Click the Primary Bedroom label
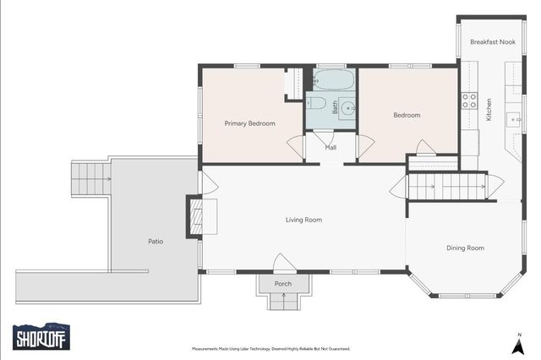tap(250, 123)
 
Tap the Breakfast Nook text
tap(493, 42)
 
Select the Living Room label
tap(303, 220)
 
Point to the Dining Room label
tap(465, 248)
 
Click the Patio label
tap(156, 242)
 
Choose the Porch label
tap(283, 284)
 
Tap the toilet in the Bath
tap(316, 103)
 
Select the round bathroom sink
tap(347, 109)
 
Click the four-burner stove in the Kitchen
tap(469, 101)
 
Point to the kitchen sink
tap(513, 120)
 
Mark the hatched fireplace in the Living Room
tap(197, 217)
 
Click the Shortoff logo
tap(41, 336)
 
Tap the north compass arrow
tap(518, 346)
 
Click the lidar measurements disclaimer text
tap(271, 349)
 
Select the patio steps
tap(91, 179)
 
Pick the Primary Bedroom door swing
tap(296, 146)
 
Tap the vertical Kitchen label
tap(489, 110)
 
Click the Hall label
tap(331, 148)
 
